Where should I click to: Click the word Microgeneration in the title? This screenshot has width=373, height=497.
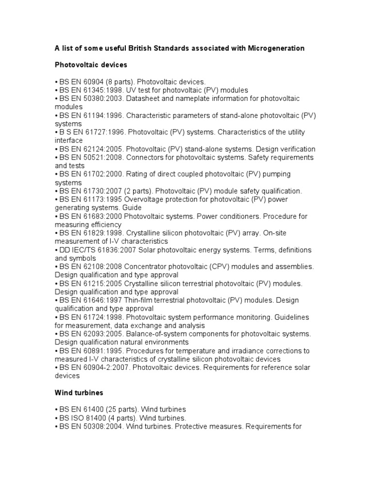pyautogui.click(x=276, y=48)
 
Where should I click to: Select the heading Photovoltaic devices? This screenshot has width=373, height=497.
pyautogui.click(x=91, y=65)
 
